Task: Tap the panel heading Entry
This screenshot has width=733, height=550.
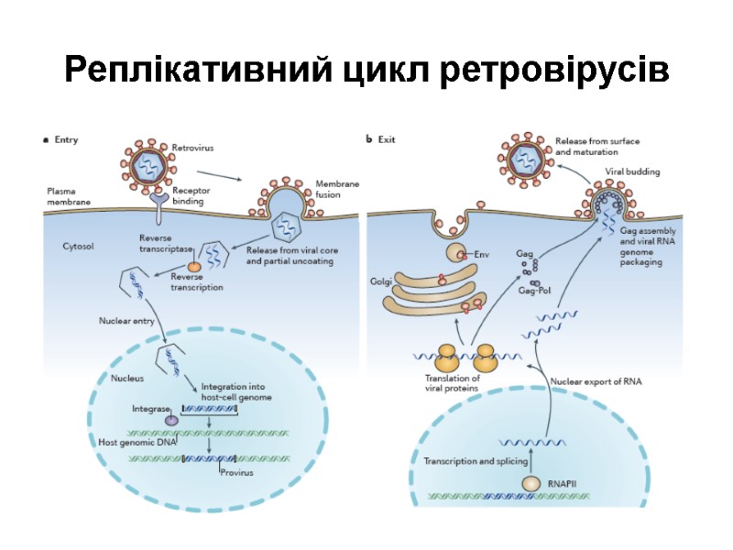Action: coord(66,140)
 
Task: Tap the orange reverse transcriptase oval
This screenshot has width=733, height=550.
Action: coord(194,266)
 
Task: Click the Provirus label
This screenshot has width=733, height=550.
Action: coord(236,473)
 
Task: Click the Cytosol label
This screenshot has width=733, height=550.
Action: coord(79,246)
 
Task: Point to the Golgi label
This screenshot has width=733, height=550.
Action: coord(382,282)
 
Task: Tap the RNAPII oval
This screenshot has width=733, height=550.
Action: coord(532,482)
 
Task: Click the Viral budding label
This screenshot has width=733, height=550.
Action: coord(632,170)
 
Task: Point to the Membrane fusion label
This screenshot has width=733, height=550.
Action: coord(337,190)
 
